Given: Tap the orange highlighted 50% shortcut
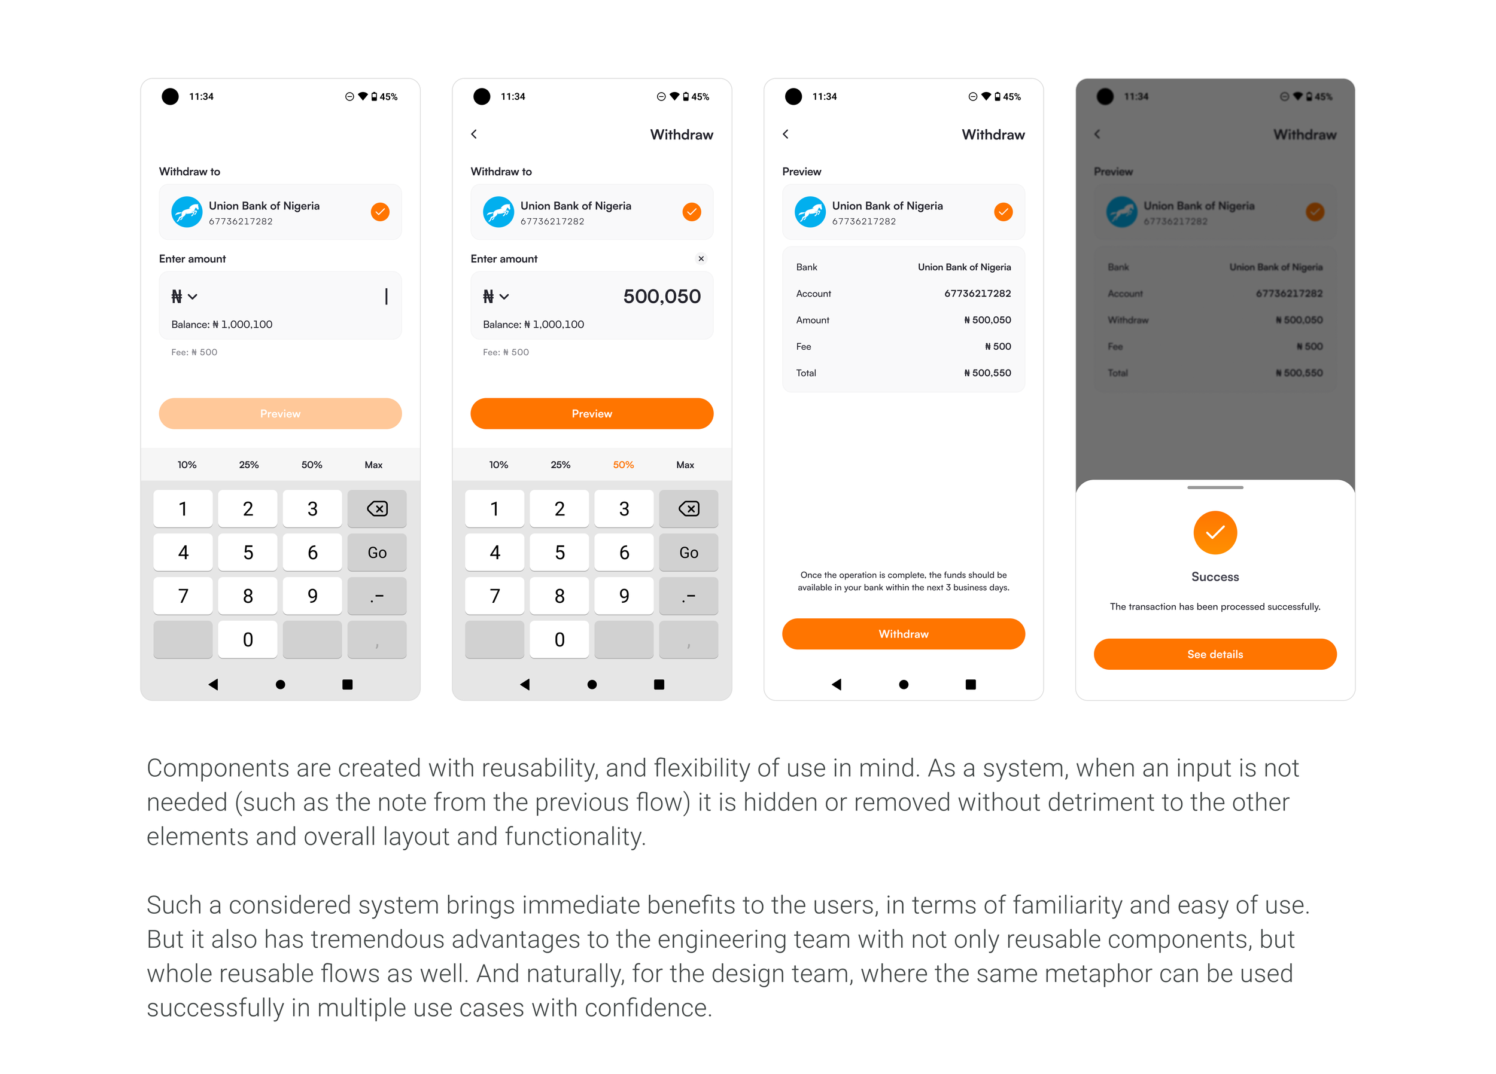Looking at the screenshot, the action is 624,465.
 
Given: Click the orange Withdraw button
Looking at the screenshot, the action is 903,634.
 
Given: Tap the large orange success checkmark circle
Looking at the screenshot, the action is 1215,533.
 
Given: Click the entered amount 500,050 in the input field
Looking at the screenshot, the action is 662,297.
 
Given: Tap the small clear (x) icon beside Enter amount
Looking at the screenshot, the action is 701,258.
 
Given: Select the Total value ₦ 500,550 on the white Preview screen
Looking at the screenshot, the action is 987,373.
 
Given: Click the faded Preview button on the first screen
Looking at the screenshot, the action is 280,413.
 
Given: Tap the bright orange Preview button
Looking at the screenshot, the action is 592,413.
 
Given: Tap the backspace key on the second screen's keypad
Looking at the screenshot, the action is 689,508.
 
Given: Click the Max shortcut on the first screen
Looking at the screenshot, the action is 373,465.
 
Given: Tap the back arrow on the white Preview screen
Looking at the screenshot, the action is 786,134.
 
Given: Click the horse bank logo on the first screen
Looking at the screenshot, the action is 187,212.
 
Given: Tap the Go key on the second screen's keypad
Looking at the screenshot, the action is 689,553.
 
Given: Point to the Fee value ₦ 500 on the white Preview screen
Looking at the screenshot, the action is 998,347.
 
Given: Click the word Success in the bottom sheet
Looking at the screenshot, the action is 1215,577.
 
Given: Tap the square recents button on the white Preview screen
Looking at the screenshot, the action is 970,684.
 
